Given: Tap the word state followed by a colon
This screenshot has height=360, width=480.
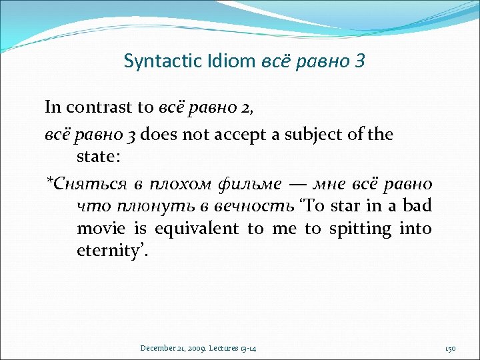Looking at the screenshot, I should (x=97, y=158).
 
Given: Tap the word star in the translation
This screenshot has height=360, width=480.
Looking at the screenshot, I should (x=352, y=206).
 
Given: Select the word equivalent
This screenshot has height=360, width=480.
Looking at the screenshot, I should (x=196, y=229).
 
